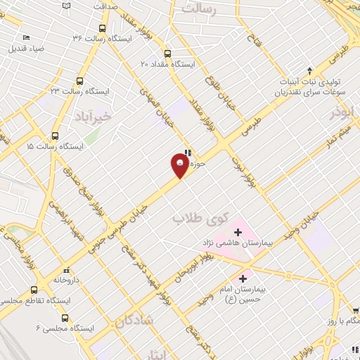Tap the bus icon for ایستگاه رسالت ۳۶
(103, 29)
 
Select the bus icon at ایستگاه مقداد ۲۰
(167, 53)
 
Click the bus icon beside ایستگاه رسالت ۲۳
(79, 81)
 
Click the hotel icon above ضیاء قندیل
(26, 37)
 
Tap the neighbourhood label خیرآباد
(92, 115)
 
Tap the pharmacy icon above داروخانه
(66, 269)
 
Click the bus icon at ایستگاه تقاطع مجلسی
(33, 290)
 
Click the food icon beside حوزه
(187, 153)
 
